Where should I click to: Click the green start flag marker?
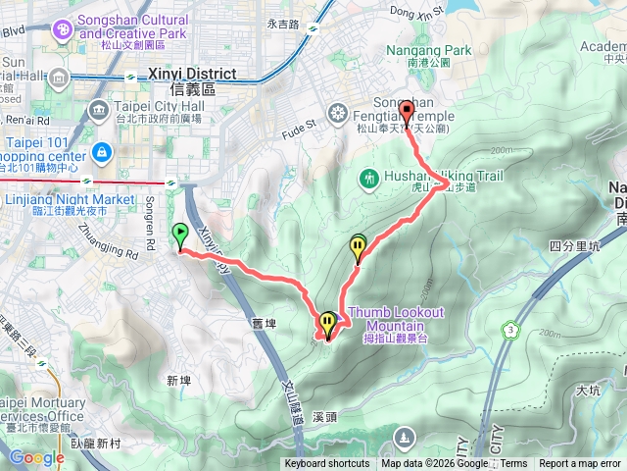pos(180,234)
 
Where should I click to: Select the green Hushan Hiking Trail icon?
pos(369,179)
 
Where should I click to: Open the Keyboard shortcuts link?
pos(327,464)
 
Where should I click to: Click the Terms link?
pos(513,464)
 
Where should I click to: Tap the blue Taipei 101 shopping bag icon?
pos(101,153)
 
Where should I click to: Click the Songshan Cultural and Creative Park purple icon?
pos(64,30)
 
